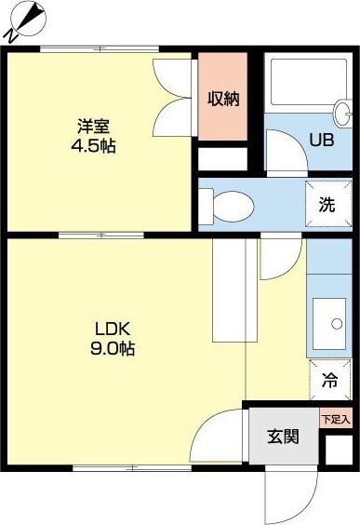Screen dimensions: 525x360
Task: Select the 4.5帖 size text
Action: coord(93,146)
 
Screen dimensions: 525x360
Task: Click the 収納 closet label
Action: coord(222,98)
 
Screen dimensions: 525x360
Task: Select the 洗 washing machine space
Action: coord(327,205)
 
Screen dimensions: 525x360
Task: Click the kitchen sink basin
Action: coord(327,321)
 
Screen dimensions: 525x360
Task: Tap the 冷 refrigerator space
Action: coord(328,380)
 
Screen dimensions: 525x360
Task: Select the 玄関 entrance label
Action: coord(283,436)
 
